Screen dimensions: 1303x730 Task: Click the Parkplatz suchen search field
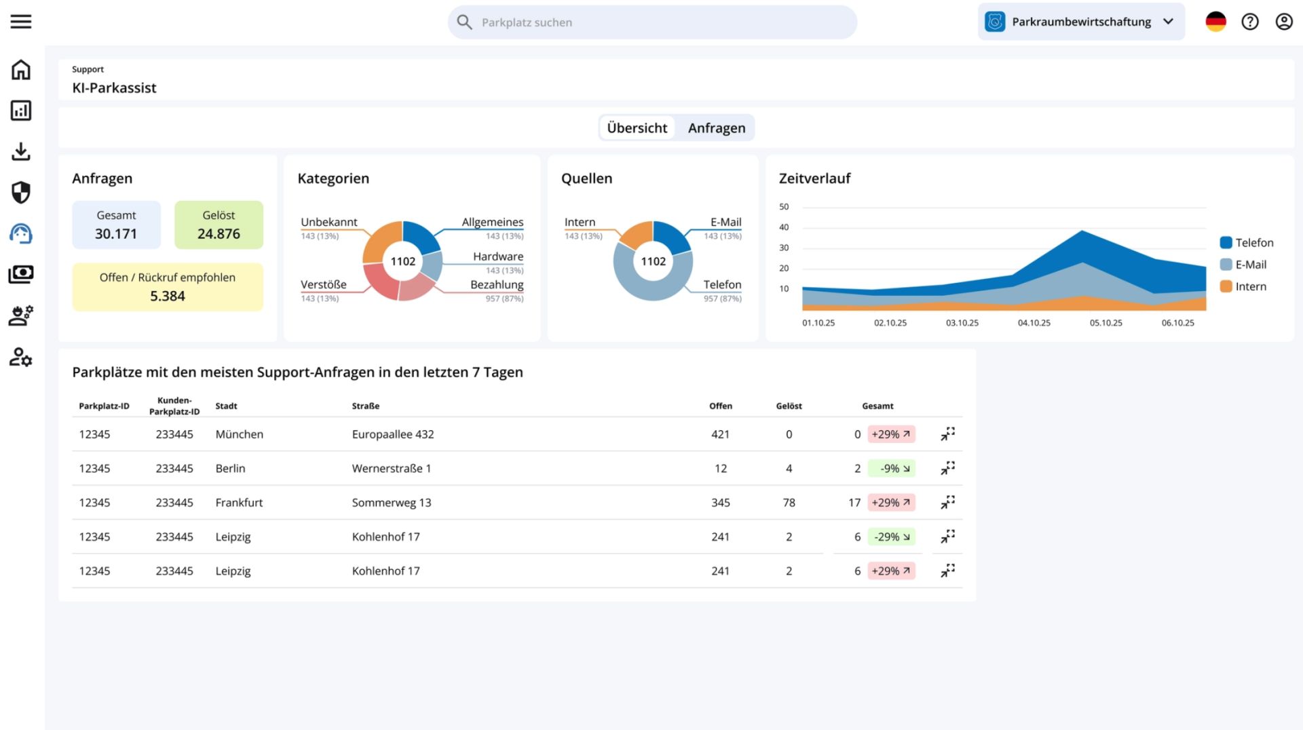point(651,22)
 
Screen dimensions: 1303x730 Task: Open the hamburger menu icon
point(21,22)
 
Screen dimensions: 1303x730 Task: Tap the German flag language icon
point(1215,22)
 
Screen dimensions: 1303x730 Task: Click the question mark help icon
point(1250,22)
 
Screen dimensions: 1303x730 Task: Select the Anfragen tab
point(717,128)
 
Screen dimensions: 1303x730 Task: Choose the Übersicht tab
point(637,128)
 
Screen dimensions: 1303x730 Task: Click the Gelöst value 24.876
point(219,234)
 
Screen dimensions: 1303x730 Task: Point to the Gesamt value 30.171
point(116,234)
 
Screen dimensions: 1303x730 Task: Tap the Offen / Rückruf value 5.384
point(168,296)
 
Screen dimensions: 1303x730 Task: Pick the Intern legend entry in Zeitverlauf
point(1243,286)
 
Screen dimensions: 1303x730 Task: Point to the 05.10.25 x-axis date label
point(1106,323)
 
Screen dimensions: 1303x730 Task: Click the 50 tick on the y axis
point(784,206)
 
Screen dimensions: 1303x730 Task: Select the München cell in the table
point(240,434)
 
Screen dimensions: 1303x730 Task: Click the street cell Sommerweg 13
point(392,503)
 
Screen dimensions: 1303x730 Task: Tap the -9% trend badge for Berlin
point(891,468)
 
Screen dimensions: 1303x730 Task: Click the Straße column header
point(366,406)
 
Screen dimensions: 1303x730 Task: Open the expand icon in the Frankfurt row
point(948,502)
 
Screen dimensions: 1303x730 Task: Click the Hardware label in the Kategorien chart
point(498,256)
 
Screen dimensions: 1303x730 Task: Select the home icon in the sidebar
point(21,70)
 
